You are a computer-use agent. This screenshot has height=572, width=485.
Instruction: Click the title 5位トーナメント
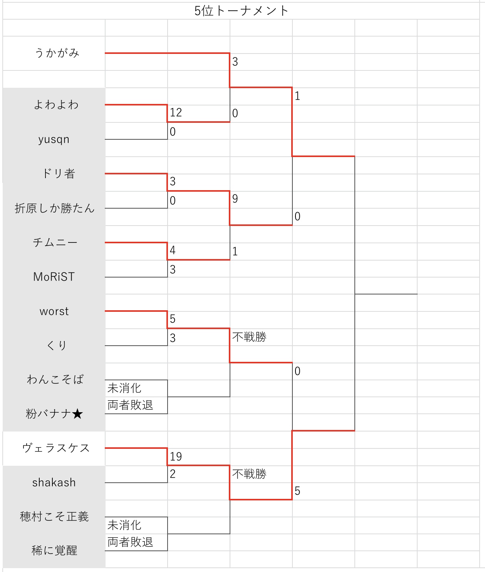241,11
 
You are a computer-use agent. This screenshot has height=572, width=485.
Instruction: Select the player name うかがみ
57,53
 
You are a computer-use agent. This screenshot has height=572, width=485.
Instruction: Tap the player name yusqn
54,139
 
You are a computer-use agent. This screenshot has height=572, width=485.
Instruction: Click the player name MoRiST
54,277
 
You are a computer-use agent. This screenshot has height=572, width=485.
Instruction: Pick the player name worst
54,311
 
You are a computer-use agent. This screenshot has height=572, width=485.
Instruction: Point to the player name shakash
54,483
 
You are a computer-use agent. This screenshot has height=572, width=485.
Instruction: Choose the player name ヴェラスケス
56,448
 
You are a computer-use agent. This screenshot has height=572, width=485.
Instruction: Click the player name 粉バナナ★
54,414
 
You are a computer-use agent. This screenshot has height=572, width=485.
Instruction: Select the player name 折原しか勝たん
54,208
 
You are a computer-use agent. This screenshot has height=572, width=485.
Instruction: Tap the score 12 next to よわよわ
176,113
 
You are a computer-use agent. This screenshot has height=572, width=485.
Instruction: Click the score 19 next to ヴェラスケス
176,457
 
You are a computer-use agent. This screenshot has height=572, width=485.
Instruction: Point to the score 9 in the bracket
235,199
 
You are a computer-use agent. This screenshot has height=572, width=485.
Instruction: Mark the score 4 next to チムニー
173,251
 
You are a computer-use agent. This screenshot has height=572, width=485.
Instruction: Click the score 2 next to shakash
173,474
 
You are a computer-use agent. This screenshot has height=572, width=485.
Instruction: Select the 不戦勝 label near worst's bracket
249,337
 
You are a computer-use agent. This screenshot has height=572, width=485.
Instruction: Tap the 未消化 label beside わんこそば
124,388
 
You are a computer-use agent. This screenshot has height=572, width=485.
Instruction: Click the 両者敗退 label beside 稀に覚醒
130,542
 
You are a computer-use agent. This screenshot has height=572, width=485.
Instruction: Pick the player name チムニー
55,243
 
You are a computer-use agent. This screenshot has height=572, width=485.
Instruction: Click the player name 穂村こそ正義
54,517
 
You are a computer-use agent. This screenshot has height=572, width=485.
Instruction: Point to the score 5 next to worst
173,319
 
